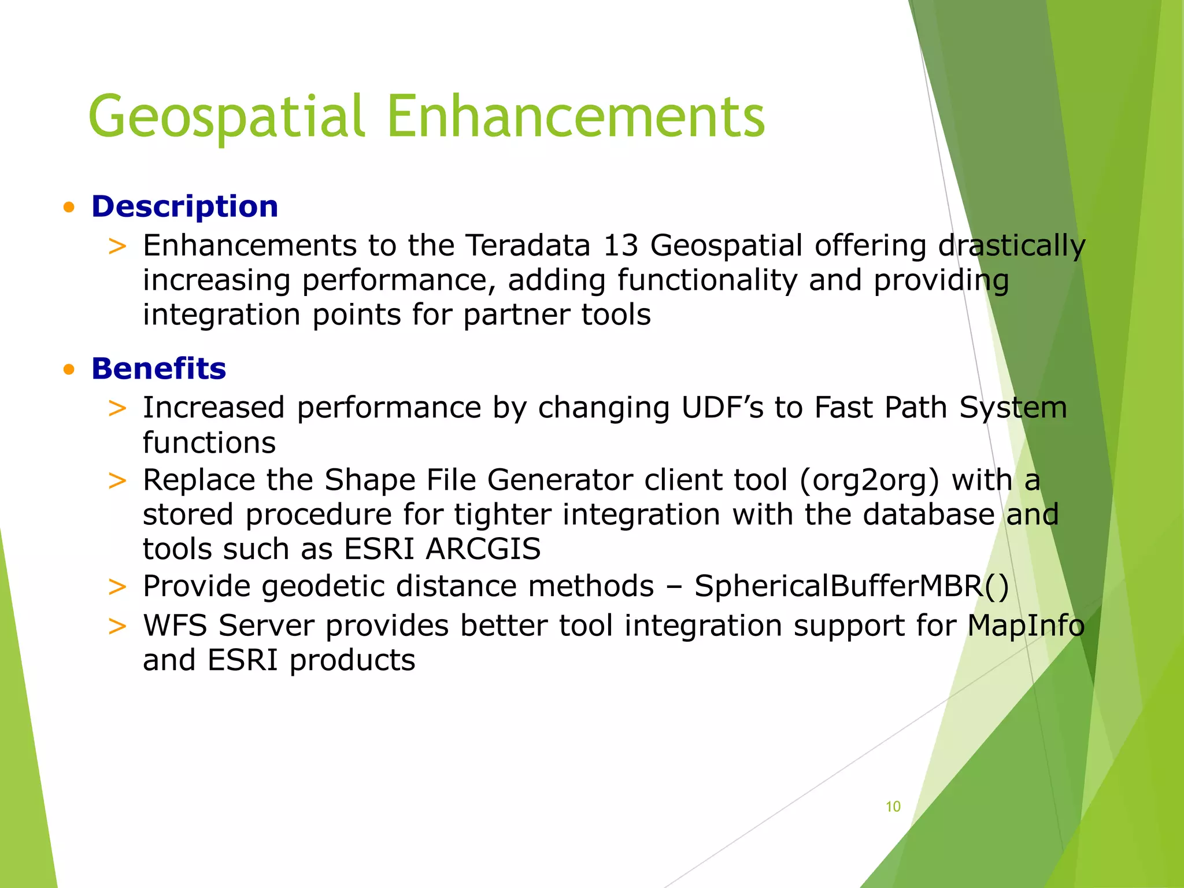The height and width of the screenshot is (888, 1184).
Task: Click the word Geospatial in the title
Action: [x=227, y=117]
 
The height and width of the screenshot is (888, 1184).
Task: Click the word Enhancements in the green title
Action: [x=576, y=117]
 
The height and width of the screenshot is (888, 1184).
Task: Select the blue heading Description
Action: [x=184, y=206]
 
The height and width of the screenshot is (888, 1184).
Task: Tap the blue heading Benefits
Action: [x=158, y=368]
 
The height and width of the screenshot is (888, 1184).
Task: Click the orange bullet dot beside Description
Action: [x=69, y=208]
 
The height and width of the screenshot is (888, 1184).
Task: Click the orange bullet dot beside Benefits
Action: [x=69, y=369]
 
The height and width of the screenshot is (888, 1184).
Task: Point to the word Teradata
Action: [x=527, y=245]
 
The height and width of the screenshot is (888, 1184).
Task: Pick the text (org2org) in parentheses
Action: [x=869, y=480]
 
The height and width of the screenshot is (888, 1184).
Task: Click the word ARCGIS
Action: [x=483, y=549]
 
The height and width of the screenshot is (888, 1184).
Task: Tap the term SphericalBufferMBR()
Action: [x=852, y=586]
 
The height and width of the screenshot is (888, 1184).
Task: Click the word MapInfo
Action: [x=1026, y=626]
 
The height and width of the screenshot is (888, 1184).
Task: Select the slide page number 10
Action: [x=893, y=806]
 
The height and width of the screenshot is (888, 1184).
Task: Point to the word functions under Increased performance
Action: [x=209, y=443]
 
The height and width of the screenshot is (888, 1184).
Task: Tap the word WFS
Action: [x=175, y=626]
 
